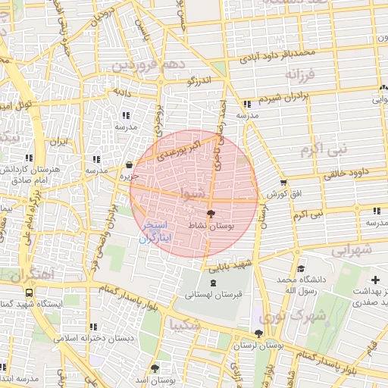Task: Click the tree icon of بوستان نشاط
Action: click(211, 214)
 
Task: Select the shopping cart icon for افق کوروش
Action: click(283, 183)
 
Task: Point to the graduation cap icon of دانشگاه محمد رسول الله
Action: click(301, 268)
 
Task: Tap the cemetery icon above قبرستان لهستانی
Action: click(212, 283)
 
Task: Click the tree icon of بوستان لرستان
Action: click(258, 333)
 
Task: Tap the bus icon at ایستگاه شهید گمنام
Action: click(29, 293)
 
